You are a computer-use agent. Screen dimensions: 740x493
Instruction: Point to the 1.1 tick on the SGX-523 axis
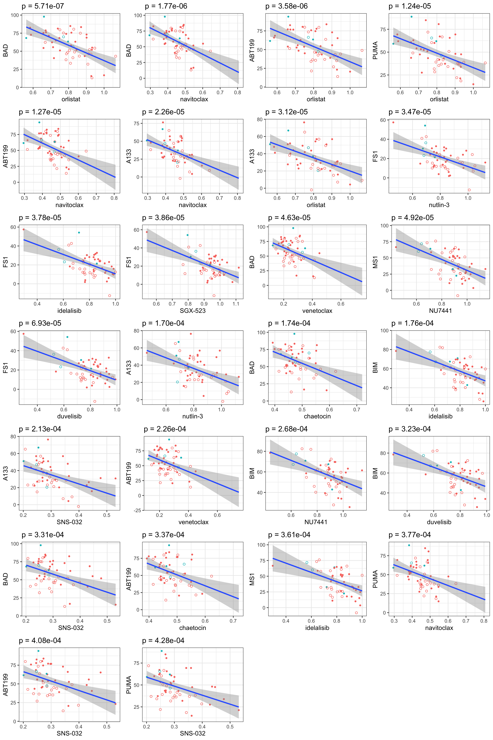(x=236, y=304)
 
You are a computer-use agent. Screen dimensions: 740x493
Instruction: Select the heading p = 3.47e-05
(x=409, y=112)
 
